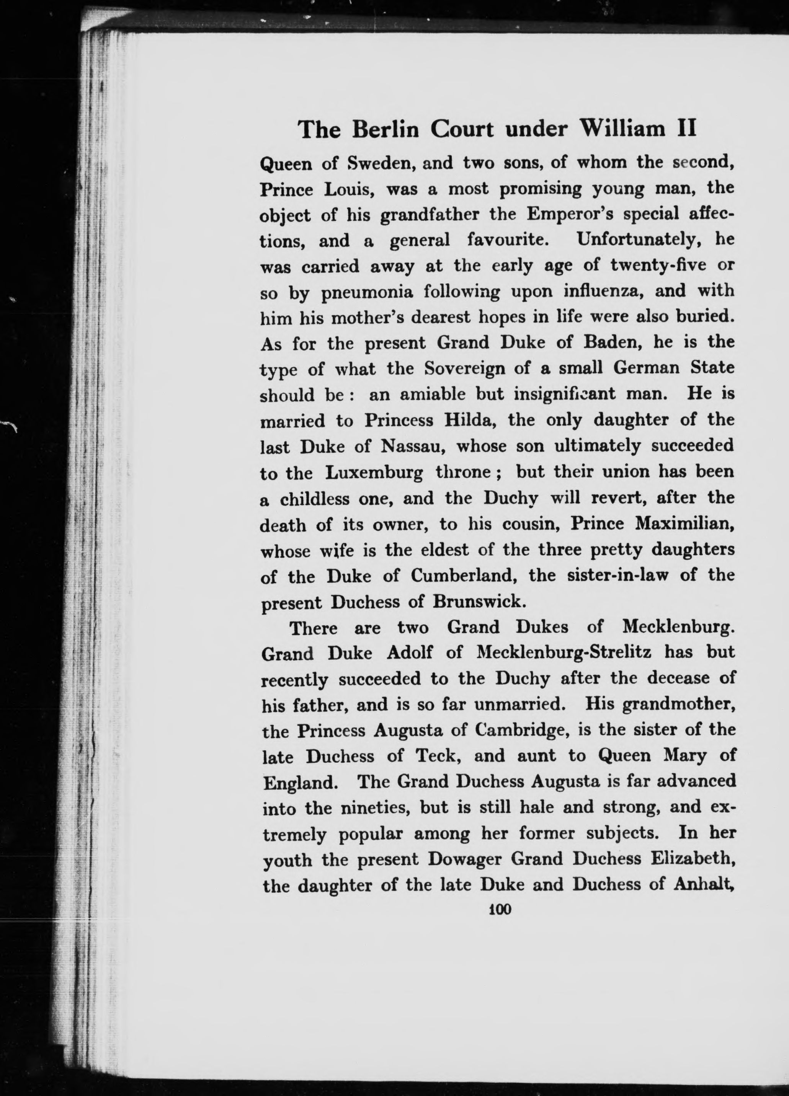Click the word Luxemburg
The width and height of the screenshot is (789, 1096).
point(374,473)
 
